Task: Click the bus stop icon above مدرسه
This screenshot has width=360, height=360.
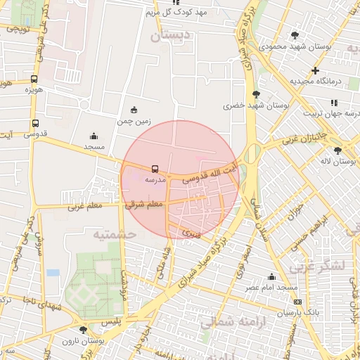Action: click(x=155, y=169)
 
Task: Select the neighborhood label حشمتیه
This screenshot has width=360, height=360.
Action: click(x=112, y=233)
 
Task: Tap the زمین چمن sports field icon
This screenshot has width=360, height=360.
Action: click(x=134, y=110)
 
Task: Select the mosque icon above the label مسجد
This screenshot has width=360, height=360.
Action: click(x=94, y=136)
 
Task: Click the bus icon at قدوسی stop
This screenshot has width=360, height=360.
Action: click(x=35, y=123)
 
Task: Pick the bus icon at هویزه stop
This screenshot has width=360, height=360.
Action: click(x=34, y=79)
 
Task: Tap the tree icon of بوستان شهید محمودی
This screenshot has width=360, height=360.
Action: click(x=295, y=35)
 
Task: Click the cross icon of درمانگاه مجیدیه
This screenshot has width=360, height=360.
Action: click(x=316, y=70)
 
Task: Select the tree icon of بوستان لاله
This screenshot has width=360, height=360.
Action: click(x=338, y=150)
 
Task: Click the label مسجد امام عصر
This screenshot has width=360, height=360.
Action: click(x=271, y=288)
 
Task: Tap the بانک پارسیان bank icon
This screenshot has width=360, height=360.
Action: click(x=297, y=302)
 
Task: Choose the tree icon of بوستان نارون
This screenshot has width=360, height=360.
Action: click(x=84, y=329)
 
